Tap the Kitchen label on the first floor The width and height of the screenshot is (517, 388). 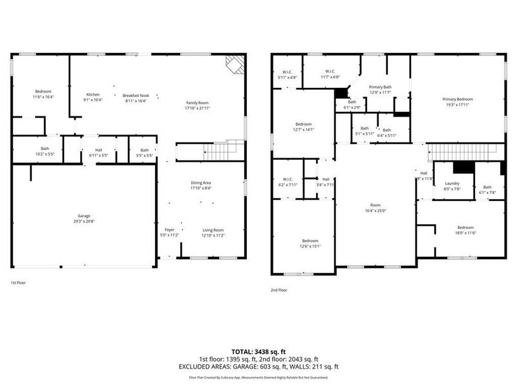[x=92, y=94]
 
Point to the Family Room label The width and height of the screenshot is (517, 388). [x=198, y=103]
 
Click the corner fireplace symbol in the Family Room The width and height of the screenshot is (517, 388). [x=235, y=64]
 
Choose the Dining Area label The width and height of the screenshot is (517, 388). [x=200, y=183]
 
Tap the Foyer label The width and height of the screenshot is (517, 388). [x=169, y=230]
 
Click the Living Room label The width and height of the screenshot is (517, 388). [x=213, y=230]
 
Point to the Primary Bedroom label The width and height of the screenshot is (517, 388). [x=457, y=99]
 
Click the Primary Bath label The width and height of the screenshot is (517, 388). [x=380, y=87]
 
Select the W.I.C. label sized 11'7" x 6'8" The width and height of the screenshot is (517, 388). [x=330, y=71]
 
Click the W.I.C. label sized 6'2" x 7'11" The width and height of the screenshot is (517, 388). [x=288, y=179]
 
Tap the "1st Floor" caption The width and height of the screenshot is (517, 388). [x=18, y=283]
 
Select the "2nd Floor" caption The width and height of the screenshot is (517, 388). [x=279, y=290]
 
